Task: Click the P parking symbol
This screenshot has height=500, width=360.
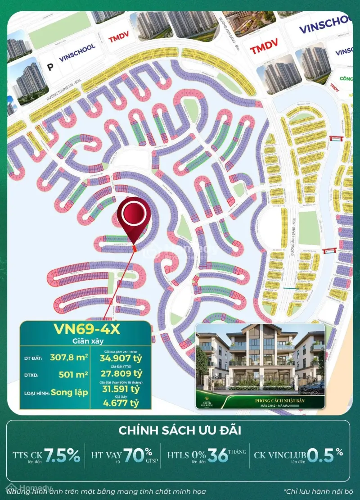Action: click(x=50, y=67)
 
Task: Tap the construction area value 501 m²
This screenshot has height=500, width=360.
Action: click(x=73, y=373)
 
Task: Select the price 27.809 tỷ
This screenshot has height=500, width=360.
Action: click(x=120, y=373)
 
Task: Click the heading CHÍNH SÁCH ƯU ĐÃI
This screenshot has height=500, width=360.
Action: click(x=180, y=431)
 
